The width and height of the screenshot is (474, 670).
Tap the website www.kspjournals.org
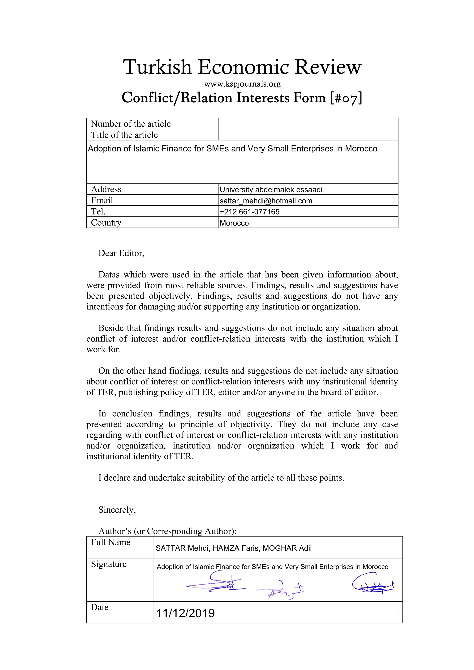coord(242,84)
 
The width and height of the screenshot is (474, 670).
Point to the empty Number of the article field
coord(308,124)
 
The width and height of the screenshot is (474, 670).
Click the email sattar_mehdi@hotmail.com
coord(266,201)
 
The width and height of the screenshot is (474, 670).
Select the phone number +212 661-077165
coord(249,212)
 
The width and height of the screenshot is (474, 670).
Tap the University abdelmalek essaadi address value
coord(271,190)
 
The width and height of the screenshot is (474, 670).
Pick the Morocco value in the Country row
coord(234,223)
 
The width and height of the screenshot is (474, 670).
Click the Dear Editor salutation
coord(121,253)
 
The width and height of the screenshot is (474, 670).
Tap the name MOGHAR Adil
coord(287,548)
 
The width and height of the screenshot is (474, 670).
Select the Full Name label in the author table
coord(110,542)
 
